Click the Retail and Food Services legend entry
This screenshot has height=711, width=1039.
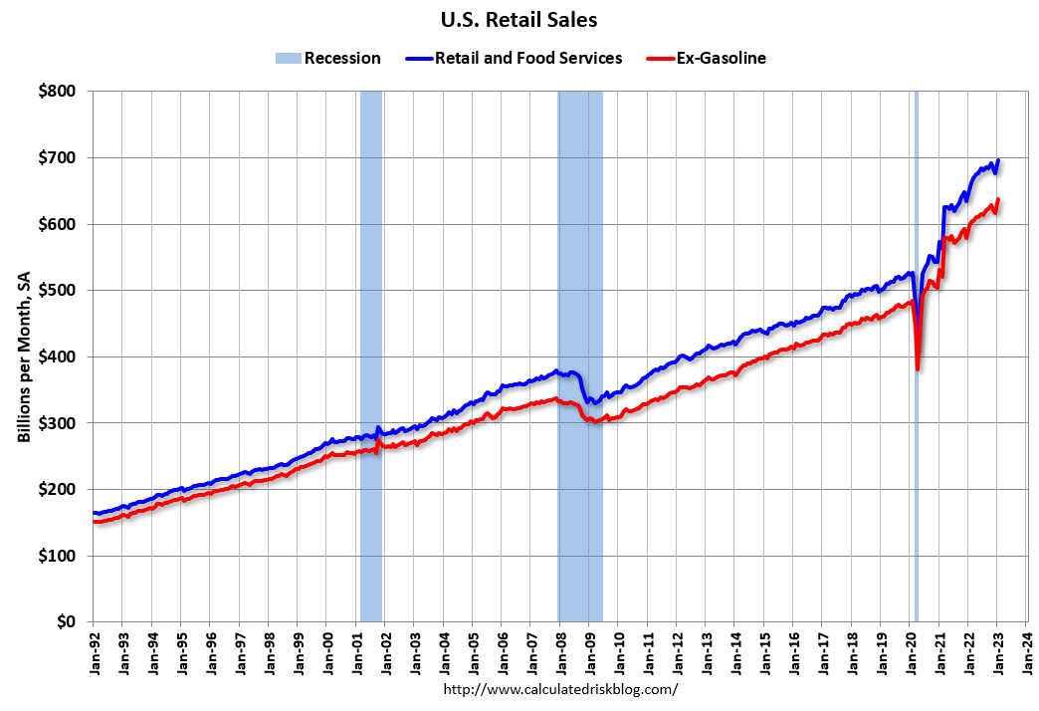[x=515, y=58]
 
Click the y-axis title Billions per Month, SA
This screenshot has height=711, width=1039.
[x=24, y=356]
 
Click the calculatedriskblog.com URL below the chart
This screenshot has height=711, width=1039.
[x=560, y=689]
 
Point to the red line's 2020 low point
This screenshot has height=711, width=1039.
[x=917, y=369]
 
